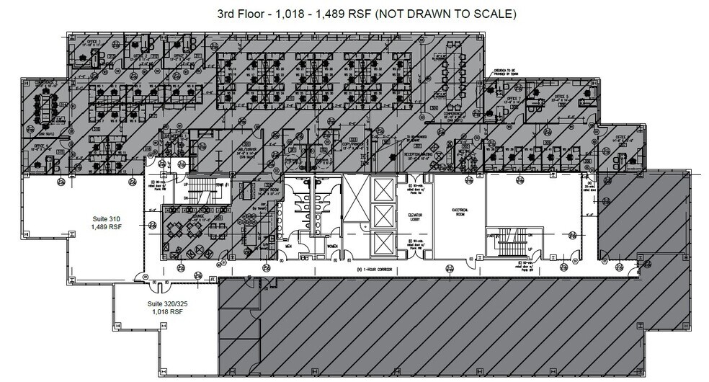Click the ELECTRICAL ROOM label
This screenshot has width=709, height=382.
point(460,212)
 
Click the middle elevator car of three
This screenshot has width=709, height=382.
point(382,215)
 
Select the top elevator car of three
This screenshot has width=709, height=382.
point(382,189)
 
